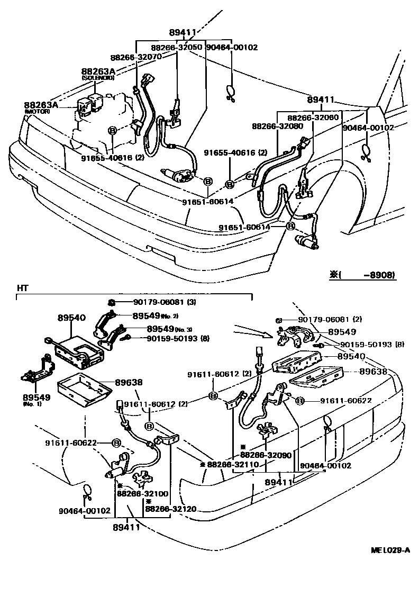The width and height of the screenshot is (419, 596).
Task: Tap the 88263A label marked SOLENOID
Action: pyautogui.click(x=98, y=71)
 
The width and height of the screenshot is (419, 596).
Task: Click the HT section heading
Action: pyautogui.click(x=22, y=287)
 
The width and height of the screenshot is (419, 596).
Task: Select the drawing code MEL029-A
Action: pyautogui.click(x=390, y=550)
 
